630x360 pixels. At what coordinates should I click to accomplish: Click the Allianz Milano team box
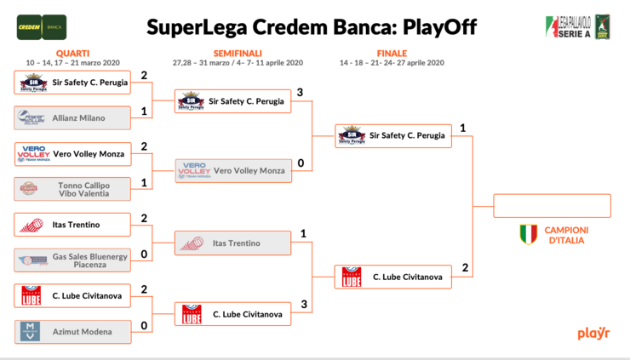coord(73,118)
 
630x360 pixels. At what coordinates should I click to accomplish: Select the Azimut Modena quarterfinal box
coord(73,331)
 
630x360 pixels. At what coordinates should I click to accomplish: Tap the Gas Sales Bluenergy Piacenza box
coord(73,260)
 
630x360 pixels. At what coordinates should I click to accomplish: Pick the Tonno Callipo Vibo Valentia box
coord(73,189)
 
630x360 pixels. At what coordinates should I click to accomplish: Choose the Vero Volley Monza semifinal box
coord(232,171)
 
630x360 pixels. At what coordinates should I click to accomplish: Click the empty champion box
coord(553,206)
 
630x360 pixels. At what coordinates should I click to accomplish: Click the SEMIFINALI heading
coord(238,53)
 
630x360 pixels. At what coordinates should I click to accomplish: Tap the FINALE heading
coord(392,53)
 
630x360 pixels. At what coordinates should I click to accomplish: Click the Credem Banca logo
coord(42,26)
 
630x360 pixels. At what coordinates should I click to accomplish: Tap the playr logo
coord(593,333)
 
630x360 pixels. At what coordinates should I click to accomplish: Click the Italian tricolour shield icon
coord(528,235)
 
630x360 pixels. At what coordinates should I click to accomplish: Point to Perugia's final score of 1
coord(462,129)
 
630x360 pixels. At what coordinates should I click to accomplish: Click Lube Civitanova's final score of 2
coord(465,268)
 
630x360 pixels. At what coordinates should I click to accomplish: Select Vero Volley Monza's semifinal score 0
coord(301,163)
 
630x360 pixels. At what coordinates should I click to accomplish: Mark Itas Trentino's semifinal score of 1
coord(303,234)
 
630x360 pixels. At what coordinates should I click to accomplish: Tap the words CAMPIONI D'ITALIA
coord(567,235)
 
